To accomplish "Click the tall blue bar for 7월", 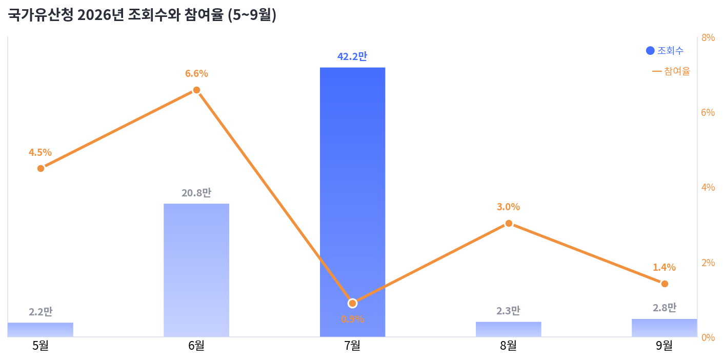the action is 352,202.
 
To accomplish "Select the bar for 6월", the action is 196,270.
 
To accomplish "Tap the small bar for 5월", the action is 41,330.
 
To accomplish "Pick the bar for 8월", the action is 508,329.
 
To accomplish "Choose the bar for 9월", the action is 664,328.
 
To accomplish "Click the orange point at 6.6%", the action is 196,90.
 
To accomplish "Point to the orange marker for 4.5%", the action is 41,169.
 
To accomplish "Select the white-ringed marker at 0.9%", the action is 352,303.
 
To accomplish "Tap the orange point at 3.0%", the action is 509,224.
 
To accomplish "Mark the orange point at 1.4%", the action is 665,284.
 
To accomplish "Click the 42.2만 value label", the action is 352,56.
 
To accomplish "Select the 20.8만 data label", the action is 196,193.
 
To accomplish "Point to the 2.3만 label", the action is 508,311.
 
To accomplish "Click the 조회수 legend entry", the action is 665,51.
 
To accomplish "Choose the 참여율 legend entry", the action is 671,71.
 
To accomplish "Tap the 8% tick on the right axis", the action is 708,38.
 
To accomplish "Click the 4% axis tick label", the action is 708,187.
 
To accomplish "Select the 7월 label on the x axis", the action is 352,346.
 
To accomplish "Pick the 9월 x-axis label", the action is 664,346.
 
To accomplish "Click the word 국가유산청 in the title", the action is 41,15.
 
